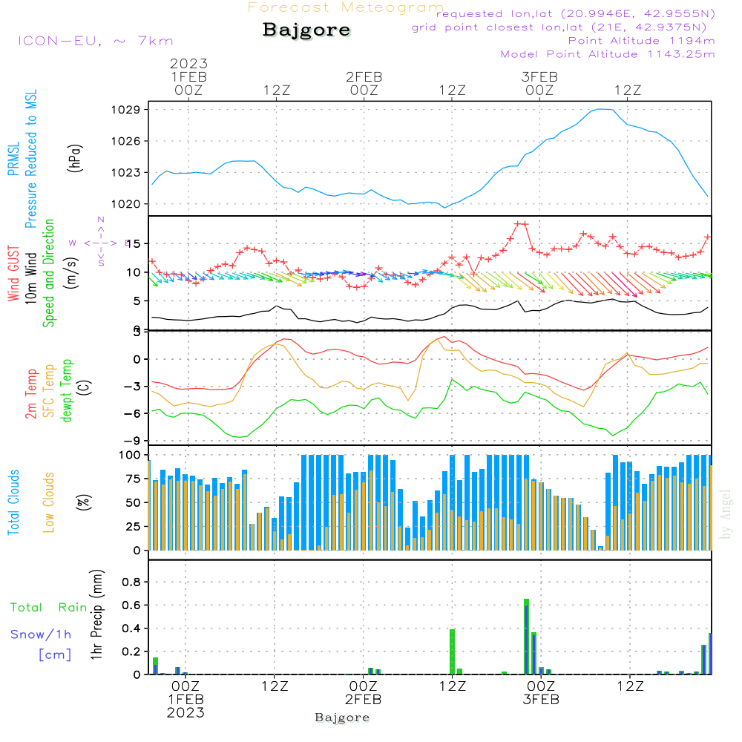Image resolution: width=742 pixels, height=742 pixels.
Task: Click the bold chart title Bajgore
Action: pyautogui.click(x=306, y=31)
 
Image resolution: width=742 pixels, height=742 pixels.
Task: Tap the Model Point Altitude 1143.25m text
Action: pyautogui.click(x=608, y=54)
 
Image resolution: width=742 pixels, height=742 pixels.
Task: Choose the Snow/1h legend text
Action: pyautogui.click(x=42, y=634)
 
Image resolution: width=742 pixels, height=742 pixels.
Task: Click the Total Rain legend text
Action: pyautogui.click(x=49, y=607)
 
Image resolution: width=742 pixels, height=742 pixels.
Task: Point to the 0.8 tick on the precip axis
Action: pyautogui.click(x=131, y=582)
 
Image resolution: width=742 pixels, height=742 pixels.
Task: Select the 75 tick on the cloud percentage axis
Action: pyautogui.click(x=133, y=479)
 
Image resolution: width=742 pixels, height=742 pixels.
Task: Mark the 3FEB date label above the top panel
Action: pyautogui.click(x=539, y=77)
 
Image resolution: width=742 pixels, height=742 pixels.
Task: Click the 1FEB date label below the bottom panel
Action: pyautogui.click(x=185, y=700)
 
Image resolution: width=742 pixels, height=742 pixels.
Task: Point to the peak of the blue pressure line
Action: pyautogui.click(x=603, y=109)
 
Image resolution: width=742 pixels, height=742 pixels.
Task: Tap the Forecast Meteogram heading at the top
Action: pyautogui.click(x=346, y=7)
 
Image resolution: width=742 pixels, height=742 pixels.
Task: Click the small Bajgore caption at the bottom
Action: pyautogui.click(x=342, y=718)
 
